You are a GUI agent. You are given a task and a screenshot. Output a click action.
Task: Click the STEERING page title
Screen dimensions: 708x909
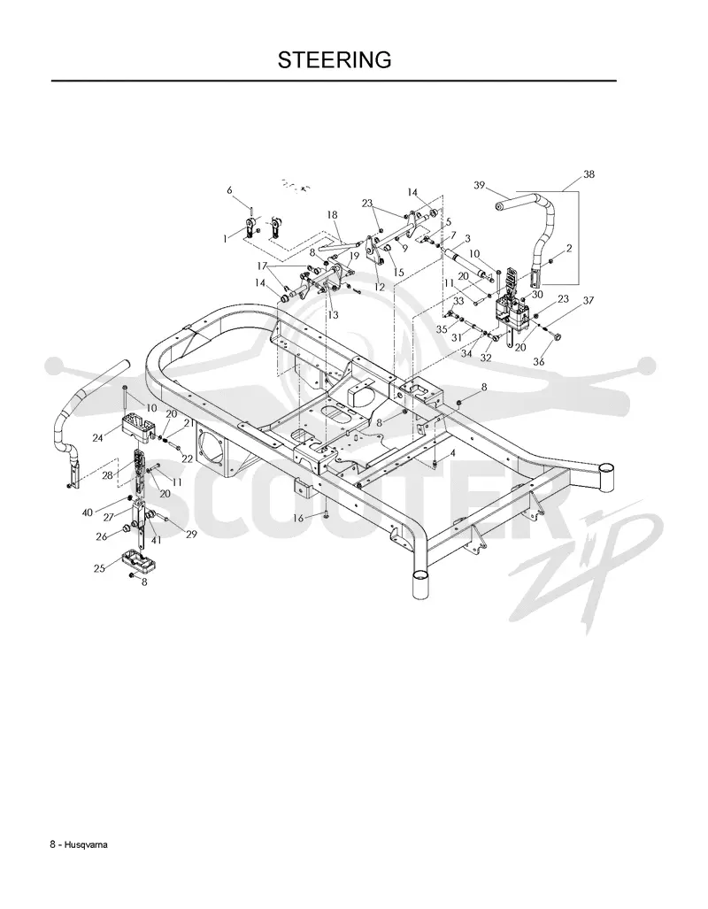click(335, 59)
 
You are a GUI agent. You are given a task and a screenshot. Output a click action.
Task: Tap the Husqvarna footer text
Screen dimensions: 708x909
click(79, 844)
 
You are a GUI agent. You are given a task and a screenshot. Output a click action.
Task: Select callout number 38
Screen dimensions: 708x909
click(589, 173)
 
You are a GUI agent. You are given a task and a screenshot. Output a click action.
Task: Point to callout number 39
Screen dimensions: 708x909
click(479, 185)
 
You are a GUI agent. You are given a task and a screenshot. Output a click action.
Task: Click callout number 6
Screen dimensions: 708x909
click(229, 190)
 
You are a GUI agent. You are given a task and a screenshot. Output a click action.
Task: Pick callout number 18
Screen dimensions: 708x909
click(332, 215)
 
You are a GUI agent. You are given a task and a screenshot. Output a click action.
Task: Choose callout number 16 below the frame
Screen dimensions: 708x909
click(298, 518)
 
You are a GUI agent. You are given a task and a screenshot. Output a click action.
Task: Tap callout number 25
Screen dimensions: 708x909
click(99, 568)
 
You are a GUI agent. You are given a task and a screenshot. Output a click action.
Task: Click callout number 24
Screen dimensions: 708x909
click(97, 438)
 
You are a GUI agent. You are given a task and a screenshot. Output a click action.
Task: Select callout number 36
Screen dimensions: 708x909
click(539, 362)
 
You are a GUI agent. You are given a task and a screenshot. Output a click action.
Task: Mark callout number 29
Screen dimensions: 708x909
click(191, 535)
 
